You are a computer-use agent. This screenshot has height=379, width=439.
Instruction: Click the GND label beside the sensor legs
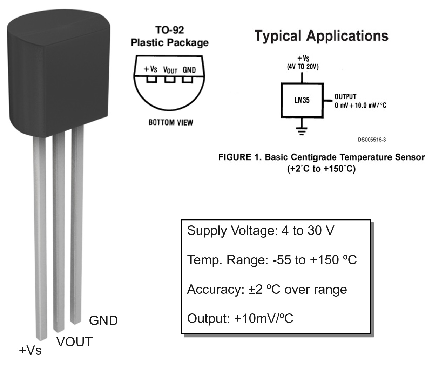pyautogui.click(x=103, y=321)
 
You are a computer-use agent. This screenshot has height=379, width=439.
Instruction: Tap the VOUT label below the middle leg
pyautogui.click(x=74, y=342)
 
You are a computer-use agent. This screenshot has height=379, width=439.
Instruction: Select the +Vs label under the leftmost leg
pyautogui.click(x=30, y=350)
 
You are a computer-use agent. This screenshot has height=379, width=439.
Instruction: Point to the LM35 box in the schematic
pyautogui.click(x=302, y=100)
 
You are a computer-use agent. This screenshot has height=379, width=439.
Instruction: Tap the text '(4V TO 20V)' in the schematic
pyautogui.click(x=303, y=67)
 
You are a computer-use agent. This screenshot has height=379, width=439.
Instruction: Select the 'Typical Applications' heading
pyautogui.click(x=322, y=36)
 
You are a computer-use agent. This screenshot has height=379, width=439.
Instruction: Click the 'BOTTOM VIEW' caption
pyautogui.click(x=171, y=122)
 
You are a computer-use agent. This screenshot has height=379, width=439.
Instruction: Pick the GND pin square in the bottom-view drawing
pyautogui.click(x=187, y=80)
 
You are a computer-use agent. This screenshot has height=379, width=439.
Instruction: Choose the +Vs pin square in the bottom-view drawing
pyautogui.click(x=152, y=80)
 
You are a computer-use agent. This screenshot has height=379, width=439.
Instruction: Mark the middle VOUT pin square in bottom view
pyautogui.click(x=170, y=80)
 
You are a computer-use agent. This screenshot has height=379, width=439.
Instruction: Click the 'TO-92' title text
pyautogui.click(x=170, y=30)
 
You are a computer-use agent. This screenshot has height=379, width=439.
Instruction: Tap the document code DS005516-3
pyautogui.click(x=372, y=140)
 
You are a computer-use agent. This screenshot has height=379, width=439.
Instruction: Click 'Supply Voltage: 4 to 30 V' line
pyautogui.click(x=261, y=231)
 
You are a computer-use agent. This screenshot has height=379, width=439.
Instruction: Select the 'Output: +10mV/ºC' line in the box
pyautogui.click(x=240, y=319)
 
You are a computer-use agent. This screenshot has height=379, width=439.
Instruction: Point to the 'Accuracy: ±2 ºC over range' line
pyautogui.click(x=267, y=290)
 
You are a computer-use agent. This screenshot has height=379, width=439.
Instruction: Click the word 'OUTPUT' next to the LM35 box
pyautogui.click(x=345, y=97)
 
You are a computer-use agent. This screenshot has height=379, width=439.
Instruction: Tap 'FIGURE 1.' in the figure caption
pyautogui.click(x=240, y=157)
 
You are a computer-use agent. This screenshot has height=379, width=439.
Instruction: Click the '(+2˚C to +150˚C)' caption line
pyautogui.click(x=321, y=169)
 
